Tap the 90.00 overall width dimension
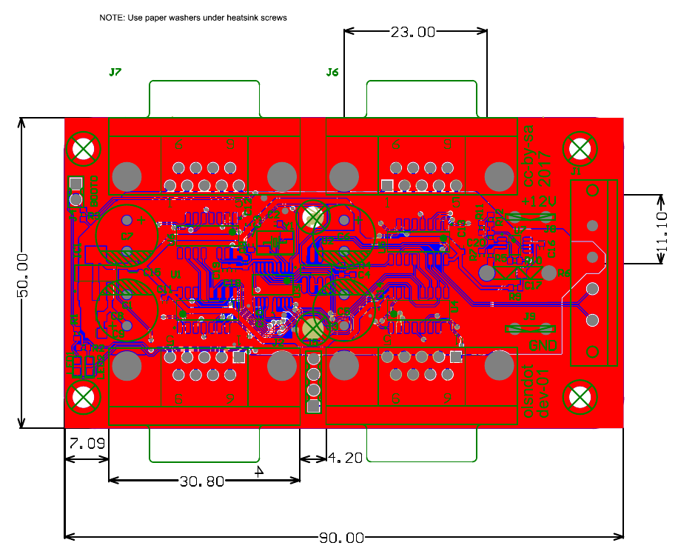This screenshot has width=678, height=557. [x=342, y=538]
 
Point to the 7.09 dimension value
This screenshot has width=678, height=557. [x=87, y=444]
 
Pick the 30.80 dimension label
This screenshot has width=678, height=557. [x=201, y=481]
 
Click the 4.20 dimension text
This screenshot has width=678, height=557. [x=345, y=458]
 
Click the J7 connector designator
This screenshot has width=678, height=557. [x=115, y=73]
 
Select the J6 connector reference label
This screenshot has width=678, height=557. [x=332, y=73]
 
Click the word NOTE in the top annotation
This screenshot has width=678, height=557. [x=113, y=17]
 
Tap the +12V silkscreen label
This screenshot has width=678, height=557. [x=539, y=201]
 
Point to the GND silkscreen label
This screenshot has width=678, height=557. [x=543, y=345]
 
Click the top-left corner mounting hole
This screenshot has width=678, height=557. [x=84, y=149]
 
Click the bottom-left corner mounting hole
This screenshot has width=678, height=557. [x=84, y=398]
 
